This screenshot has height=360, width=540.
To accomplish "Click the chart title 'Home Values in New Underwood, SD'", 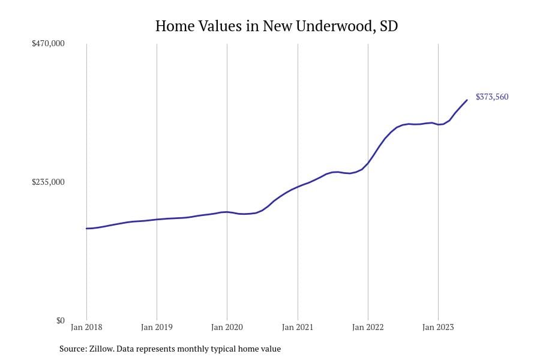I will (x=276, y=26).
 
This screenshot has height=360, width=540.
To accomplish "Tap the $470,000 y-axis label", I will (x=48, y=44).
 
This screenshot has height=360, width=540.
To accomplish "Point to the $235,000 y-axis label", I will (x=48, y=182).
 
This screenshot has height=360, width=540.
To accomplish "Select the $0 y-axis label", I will (x=60, y=320).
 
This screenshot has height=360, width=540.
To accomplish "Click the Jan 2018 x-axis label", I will (x=86, y=328).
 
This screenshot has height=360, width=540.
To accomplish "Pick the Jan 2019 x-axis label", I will (x=157, y=328).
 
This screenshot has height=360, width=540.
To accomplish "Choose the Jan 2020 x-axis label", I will (x=227, y=328).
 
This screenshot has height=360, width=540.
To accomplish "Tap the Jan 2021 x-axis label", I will (x=298, y=328).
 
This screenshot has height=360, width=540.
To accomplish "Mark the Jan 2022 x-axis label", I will (x=368, y=328).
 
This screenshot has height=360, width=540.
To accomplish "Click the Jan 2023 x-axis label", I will (x=438, y=328).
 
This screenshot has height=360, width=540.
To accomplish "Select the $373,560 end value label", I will (x=492, y=97).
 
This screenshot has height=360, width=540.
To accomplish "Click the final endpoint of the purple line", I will (x=467, y=100).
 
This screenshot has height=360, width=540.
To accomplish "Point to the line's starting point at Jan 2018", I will (x=86, y=229).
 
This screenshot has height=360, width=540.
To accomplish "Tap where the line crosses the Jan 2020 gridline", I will (x=227, y=212).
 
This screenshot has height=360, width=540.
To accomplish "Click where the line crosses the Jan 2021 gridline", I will (x=298, y=187).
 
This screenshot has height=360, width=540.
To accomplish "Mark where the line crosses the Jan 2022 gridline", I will (x=368, y=163).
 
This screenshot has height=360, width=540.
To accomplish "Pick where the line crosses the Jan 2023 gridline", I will (x=438, y=124).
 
